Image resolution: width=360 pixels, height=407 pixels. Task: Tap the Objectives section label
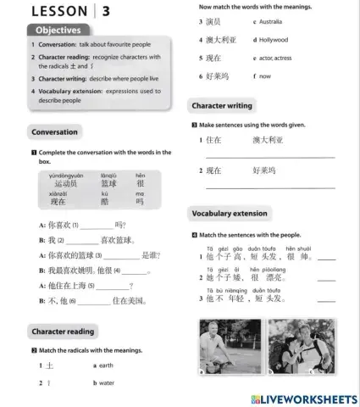coord(58,31)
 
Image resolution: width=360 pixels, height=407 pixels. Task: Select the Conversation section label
coord(54,132)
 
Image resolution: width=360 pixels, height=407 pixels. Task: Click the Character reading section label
coord(63,331)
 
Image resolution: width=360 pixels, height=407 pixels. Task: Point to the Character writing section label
coord(222,106)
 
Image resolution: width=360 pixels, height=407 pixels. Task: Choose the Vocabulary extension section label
coord(229,214)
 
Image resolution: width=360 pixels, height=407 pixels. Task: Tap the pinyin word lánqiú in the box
coord(109,176)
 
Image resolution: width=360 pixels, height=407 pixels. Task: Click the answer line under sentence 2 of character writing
coord(269,186)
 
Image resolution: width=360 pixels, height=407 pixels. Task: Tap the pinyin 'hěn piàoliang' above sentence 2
coord(262,269)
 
